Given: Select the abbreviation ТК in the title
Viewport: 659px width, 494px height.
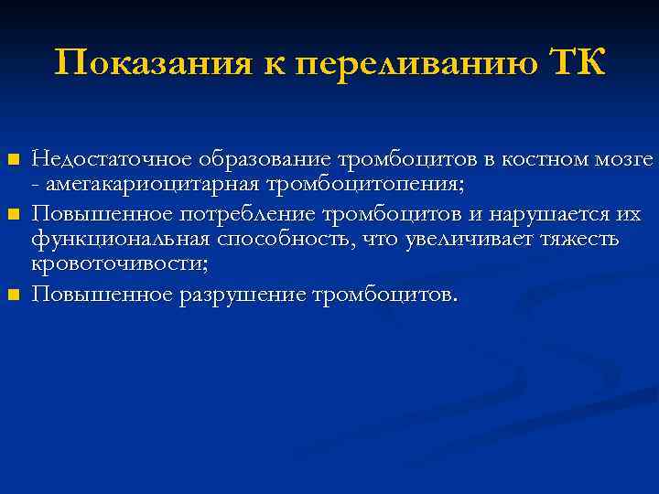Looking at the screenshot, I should tap(577, 64).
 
